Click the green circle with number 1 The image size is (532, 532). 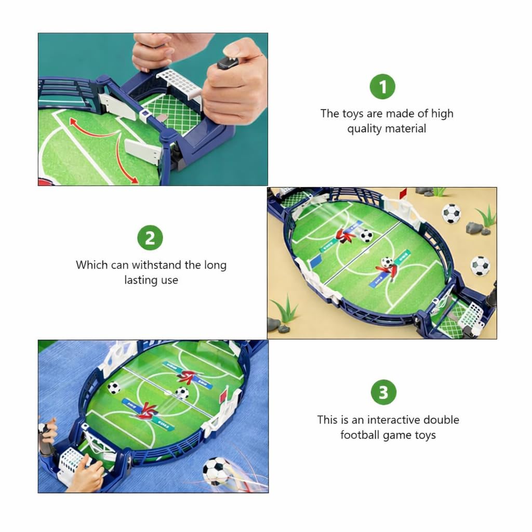382,86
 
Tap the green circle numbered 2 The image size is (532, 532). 150,238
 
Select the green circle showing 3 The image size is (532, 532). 383,392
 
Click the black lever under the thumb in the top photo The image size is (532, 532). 228,62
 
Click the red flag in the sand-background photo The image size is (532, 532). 402,194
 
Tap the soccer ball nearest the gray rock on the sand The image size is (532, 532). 451,213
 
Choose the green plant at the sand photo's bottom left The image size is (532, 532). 285,310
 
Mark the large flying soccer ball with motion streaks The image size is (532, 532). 216,470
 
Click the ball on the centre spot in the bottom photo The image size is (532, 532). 182,393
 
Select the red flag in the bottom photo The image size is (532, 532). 223,395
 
